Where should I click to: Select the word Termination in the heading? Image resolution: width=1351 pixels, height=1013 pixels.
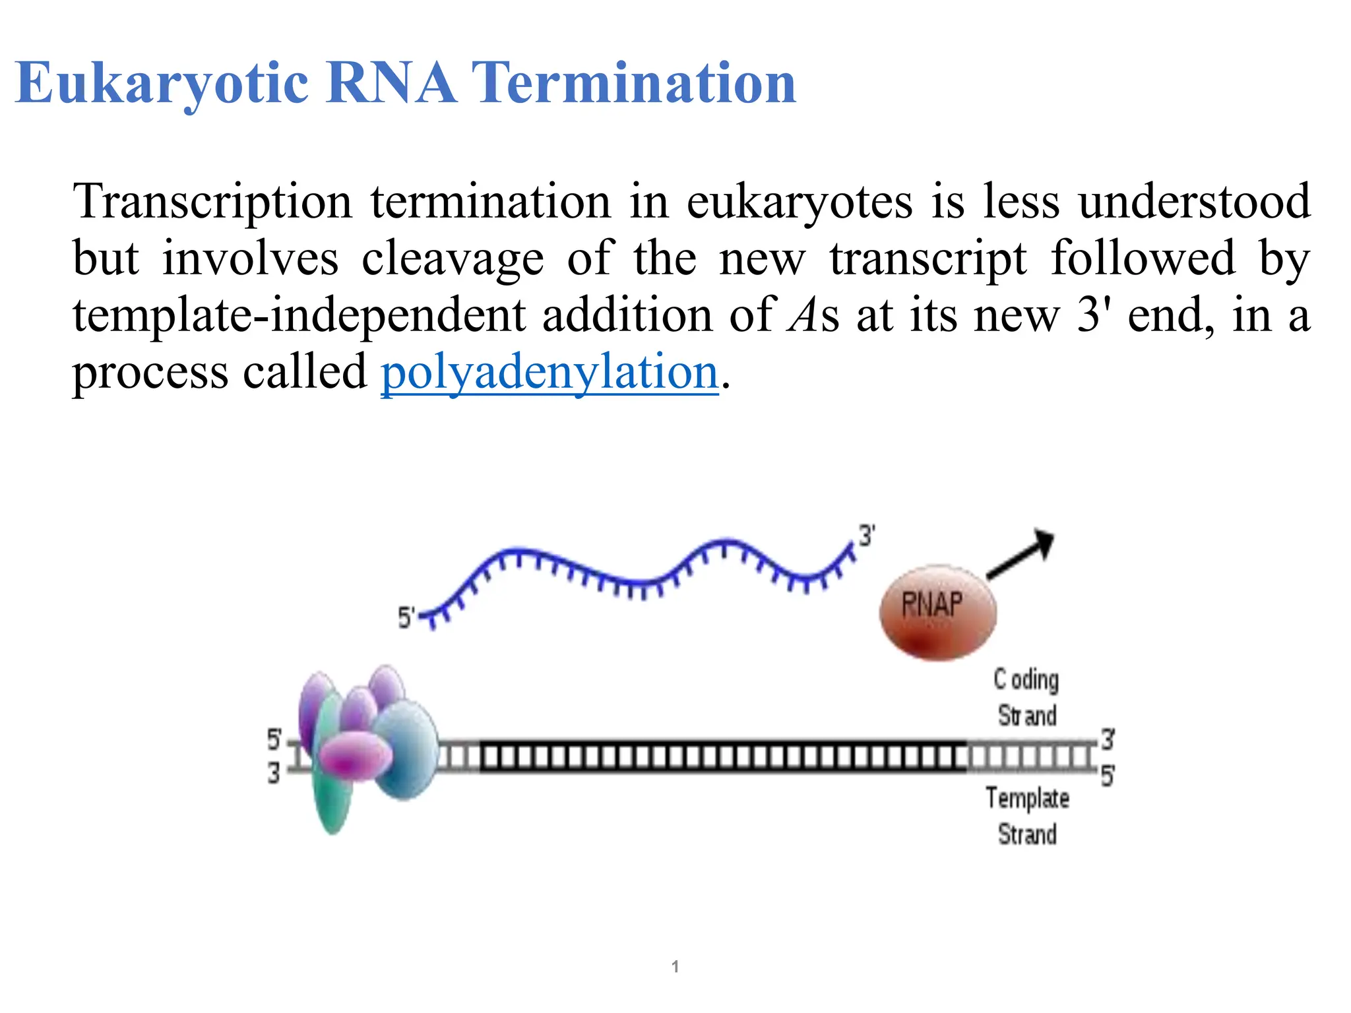click(x=635, y=84)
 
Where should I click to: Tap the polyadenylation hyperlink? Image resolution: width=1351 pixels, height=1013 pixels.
click(x=550, y=372)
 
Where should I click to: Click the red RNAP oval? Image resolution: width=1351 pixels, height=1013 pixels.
click(x=937, y=613)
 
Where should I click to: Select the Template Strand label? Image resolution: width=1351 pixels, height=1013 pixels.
click(x=1027, y=816)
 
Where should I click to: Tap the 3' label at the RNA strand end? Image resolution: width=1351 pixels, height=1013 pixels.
click(x=867, y=536)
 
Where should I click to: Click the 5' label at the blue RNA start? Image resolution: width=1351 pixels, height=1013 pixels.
click(x=406, y=618)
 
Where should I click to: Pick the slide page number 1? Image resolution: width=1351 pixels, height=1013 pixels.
click(x=675, y=967)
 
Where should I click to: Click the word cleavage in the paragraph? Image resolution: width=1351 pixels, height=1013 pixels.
click(x=453, y=259)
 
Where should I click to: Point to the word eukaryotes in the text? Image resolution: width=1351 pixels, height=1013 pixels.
click(x=800, y=202)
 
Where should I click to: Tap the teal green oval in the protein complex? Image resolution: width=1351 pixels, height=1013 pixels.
click(x=333, y=801)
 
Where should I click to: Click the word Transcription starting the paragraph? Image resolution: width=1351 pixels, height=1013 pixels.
click(x=212, y=202)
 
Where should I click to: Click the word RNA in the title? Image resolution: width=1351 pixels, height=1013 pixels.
click(x=391, y=84)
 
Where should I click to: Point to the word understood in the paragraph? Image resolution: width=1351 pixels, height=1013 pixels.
click(x=1194, y=202)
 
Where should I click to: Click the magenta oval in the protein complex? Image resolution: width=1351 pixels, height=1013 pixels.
click(x=355, y=756)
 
